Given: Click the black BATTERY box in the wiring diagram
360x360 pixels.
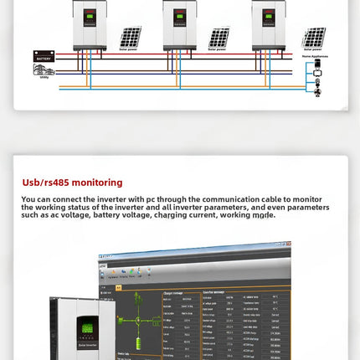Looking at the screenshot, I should (x=44, y=56).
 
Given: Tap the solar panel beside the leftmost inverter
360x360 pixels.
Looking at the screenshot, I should (x=129, y=38).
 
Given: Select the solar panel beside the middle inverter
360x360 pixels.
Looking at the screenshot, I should (x=219, y=38).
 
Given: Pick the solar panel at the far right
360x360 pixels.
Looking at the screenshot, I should (x=314, y=38).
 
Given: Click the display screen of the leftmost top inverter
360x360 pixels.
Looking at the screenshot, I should (x=90, y=16).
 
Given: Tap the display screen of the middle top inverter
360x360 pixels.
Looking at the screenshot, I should (x=179, y=16).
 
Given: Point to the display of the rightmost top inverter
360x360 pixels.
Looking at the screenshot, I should (x=269, y=16).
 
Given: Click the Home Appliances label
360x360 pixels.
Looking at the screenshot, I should (x=316, y=56).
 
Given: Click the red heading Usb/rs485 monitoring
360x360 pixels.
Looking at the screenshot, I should (x=72, y=182).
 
